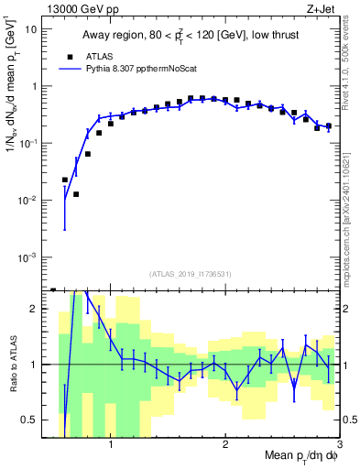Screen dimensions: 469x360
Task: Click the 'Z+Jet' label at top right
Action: point(323,8)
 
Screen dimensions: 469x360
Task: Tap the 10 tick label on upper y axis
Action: point(31,29)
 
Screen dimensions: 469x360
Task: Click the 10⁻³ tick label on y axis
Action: point(27,257)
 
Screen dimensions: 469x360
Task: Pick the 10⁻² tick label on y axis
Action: point(27,201)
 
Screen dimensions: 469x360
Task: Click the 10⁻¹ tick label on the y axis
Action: point(27,144)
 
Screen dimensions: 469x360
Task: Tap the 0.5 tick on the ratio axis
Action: point(28,420)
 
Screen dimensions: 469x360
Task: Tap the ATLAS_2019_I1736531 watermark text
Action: point(191,273)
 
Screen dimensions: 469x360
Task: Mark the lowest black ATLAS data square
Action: point(76,194)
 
